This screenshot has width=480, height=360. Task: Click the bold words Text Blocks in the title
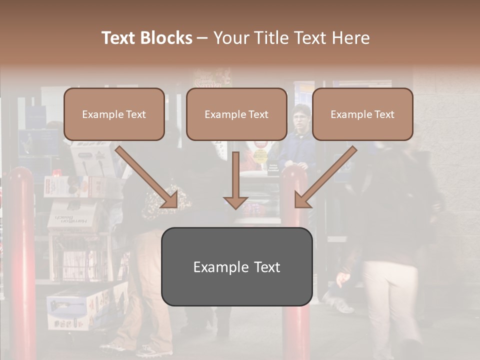tap(146, 38)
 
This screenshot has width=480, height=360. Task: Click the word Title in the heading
tap(269, 38)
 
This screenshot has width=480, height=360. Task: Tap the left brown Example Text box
tap(114, 114)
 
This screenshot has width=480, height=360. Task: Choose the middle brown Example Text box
tap(236, 114)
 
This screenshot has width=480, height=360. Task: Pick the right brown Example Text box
tap(362, 114)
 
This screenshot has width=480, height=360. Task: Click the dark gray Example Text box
tap(236, 266)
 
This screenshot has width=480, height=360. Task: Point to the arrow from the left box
tap(147, 177)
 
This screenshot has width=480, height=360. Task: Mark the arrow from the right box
tap(325, 177)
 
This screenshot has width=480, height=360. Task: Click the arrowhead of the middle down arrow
tap(235, 202)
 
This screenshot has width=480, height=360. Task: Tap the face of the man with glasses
tap(300, 120)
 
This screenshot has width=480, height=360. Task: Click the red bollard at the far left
tap(22, 260)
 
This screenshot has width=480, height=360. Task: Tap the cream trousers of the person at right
tap(390, 300)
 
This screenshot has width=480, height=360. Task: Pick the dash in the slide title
tap(202, 38)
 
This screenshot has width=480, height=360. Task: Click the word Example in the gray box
tap(216, 267)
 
